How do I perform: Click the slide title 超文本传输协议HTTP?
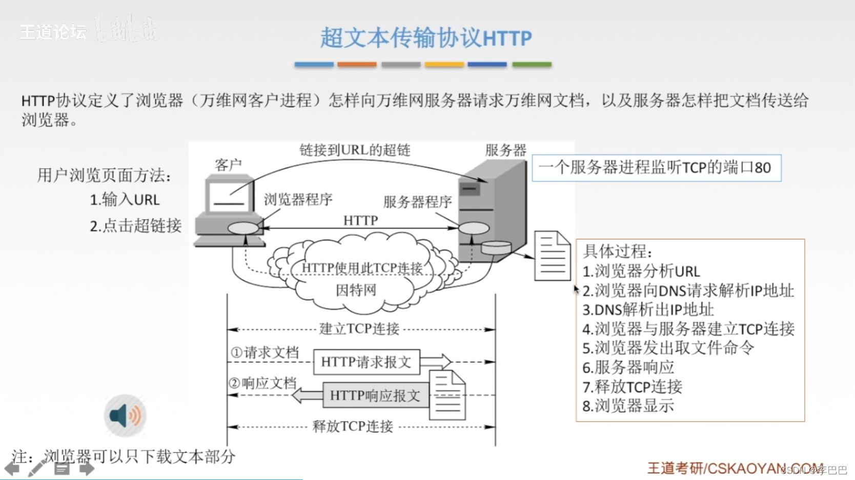click(x=426, y=38)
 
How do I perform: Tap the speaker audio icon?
click(x=125, y=415)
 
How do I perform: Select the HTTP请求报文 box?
click(x=366, y=362)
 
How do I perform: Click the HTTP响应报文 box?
click(x=375, y=395)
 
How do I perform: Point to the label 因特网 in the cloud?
click(x=356, y=290)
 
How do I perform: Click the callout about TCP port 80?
click(x=656, y=168)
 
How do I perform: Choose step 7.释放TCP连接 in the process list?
click(x=632, y=387)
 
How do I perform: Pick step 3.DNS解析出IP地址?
click(x=648, y=310)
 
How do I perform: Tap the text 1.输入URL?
click(x=125, y=199)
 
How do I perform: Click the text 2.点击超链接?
click(x=135, y=226)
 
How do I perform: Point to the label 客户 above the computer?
click(x=228, y=165)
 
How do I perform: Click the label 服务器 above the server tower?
click(x=505, y=150)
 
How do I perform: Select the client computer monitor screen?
click(x=229, y=195)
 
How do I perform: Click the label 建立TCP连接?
click(x=359, y=329)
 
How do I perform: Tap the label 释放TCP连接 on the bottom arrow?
click(x=353, y=426)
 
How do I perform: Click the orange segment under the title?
click(x=357, y=65)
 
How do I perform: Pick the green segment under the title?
click(x=532, y=65)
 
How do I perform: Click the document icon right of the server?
click(x=552, y=256)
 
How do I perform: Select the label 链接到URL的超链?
click(x=355, y=150)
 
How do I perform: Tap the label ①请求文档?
click(x=264, y=353)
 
